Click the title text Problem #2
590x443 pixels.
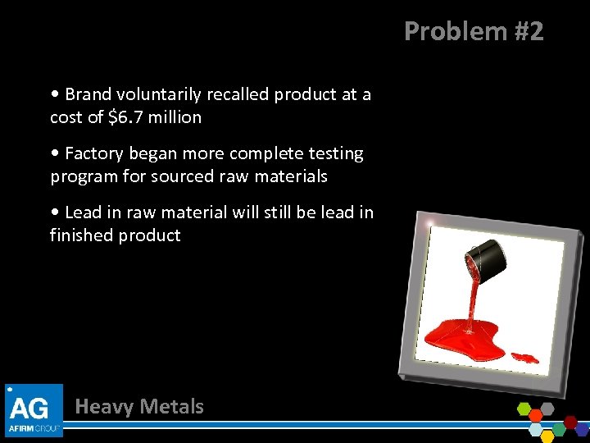(x=474, y=31)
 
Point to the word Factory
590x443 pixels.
(x=93, y=153)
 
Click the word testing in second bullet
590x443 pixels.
(x=333, y=153)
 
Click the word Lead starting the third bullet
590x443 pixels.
(x=83, y=212)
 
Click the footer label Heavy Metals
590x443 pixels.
(x=139, y=406)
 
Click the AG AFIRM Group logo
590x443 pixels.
(x=34, y=409)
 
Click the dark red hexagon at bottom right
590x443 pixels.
(x=570, y=422)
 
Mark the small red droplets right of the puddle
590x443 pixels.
(x=524, y=358)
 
